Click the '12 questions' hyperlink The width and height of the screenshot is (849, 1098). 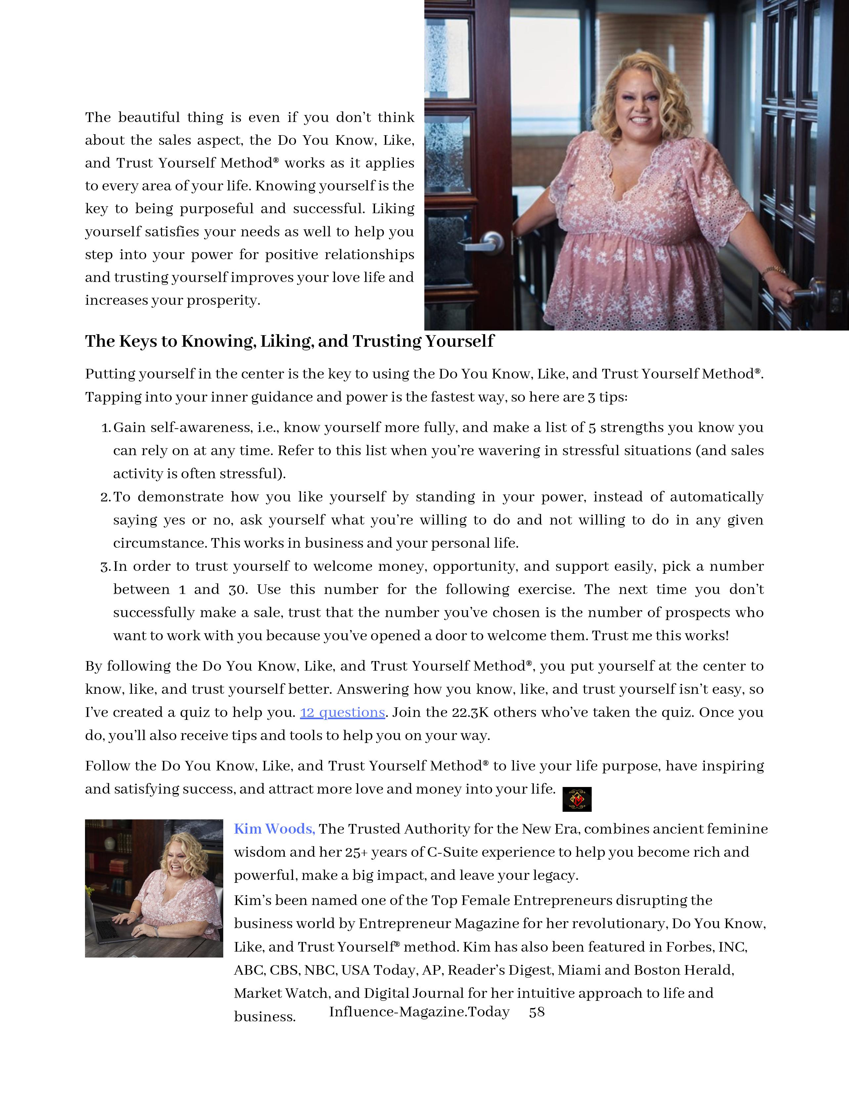(343, 712)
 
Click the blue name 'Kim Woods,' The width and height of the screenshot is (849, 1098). (274, 829)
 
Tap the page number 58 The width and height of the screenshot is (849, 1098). (537, 1012)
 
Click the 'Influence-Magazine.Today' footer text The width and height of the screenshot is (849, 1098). (419, 1012)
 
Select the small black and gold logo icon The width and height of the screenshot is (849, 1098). (577, 799)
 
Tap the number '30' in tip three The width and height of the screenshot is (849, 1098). (238, 589)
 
